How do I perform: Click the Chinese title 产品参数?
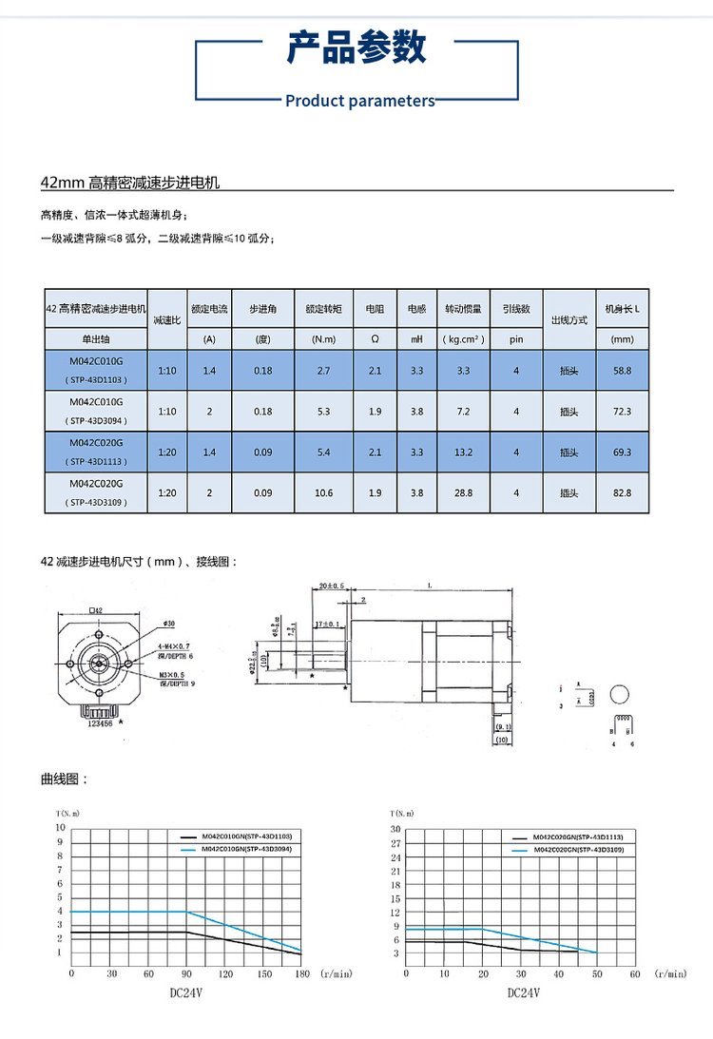pos(356,47)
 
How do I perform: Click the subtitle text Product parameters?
pos(359,101)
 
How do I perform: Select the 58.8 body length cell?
pos(622,370)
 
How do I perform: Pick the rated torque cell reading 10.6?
pos(323,493)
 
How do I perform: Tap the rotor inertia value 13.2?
pos(463,452)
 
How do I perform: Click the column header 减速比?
pos(167,321)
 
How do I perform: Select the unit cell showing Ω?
pos(374,339)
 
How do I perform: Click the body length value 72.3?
pos(622,412)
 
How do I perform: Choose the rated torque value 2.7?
pos(323,370)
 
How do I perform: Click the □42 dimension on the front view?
pos(95,610)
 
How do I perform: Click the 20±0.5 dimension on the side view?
pos(332,586)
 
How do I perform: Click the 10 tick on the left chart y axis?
pos(61,828)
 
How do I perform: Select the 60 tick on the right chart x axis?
pos(635,973)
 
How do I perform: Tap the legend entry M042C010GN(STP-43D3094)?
pos(246,847)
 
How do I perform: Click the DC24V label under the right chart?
pos(523,992)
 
